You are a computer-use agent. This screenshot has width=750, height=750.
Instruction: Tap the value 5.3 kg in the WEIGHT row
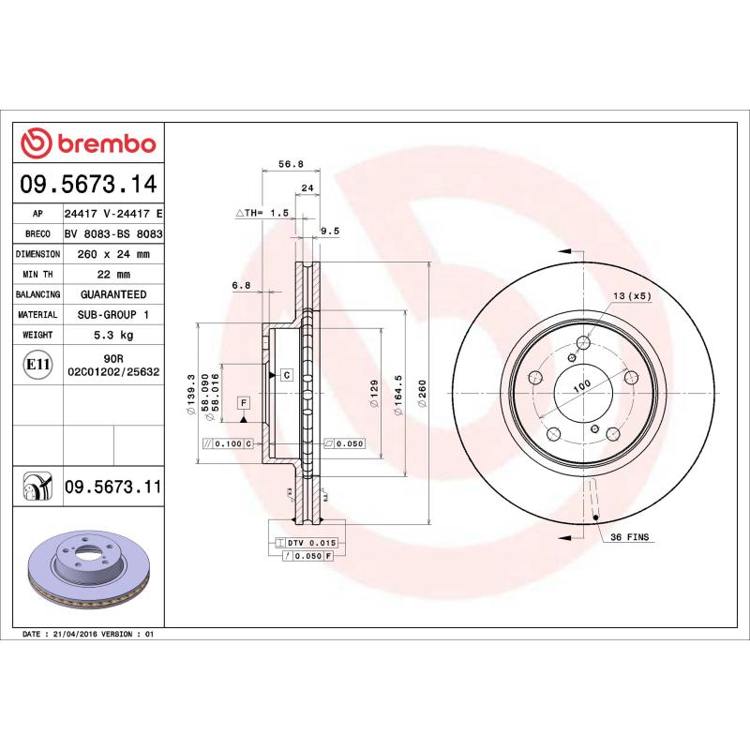point(112,335)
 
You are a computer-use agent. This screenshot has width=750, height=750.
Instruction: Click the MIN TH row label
point(37,275)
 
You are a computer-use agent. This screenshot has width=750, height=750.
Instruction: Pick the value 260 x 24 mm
point(112,254)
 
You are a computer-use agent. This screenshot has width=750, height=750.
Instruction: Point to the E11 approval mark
point(37,364)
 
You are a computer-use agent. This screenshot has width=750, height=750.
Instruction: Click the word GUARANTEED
point(112,294)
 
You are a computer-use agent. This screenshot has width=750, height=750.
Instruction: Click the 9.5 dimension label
point(330,230)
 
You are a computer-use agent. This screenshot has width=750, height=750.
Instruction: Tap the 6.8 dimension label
point(242,284)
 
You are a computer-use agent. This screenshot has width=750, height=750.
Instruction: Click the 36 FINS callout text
point(630,538)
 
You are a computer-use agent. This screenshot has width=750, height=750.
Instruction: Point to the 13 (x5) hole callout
point(632,296)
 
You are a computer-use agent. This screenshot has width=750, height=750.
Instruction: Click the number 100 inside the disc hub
point(582,386)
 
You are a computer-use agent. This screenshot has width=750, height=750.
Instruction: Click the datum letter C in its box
point(286,374)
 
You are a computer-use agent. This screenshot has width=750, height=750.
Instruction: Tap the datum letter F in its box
point(243,402)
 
